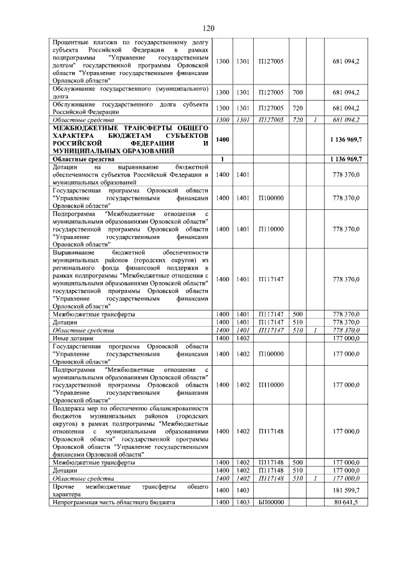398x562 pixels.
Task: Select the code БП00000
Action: point(271,502)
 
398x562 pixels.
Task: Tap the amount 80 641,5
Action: point(346,502)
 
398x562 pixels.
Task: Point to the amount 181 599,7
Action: point(346,491)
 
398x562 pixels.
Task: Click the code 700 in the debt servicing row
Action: point(297,93)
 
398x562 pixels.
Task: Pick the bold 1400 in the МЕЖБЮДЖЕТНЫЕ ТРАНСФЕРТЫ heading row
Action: point(222,140)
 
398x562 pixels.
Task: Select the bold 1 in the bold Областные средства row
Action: point(222,159)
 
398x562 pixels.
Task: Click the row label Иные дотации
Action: point(69,338)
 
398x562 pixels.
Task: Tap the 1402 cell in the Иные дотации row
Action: point(243,338)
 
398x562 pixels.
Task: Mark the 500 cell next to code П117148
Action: point(297,463)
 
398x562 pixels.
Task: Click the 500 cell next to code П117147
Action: point(297,314)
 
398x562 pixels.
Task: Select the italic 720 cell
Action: point(297,119)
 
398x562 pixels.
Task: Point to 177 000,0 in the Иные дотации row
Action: point(346,338)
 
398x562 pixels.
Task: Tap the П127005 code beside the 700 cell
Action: point(271,93)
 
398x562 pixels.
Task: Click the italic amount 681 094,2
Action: point(346,119)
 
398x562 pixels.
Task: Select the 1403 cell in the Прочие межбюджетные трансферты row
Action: point(243,491)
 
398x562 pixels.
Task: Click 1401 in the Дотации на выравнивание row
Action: point(243,174)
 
